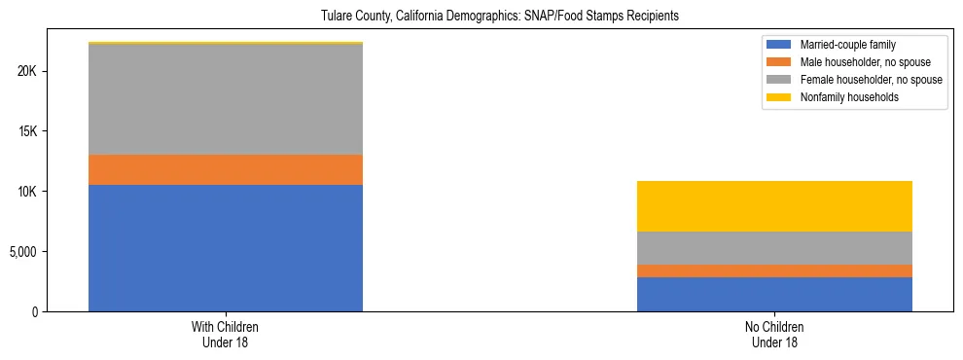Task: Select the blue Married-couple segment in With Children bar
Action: [x=226, y=248]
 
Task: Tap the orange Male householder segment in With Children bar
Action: [x=226, y=169]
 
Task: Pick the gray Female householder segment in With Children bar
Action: [x=226, y=99]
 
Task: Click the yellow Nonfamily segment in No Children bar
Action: [x=774, y=206]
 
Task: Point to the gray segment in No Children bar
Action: [x=774, y=248]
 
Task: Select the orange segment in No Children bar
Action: [x=774, y=270]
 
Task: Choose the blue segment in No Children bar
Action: [x=774, y=294]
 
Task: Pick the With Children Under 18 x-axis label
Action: [x=226, y=334]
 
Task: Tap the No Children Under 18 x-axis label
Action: [x=774, y=334]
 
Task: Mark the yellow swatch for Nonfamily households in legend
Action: [x=779, y=97]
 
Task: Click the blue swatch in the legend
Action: [x=779, y=45]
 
